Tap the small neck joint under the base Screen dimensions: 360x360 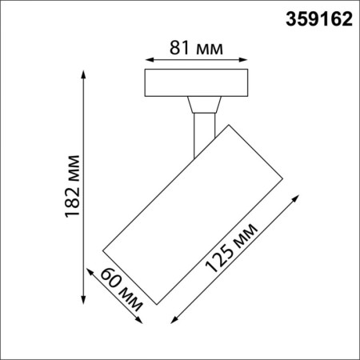tap(203, 105)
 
